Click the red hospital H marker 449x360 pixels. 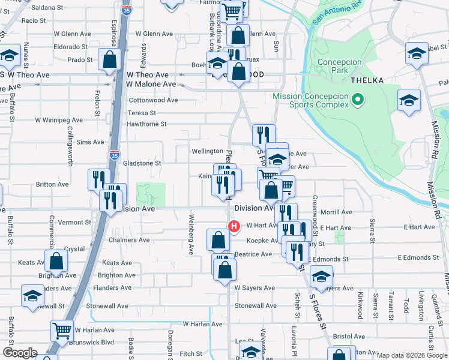point(234,226)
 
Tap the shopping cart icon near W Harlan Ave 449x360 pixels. point(62,330)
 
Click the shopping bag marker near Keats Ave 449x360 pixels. point(56,261)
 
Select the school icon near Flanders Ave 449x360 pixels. point(32,295)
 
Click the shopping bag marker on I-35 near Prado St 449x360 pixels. point(110,59)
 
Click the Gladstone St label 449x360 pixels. point(142,163)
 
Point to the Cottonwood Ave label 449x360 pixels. point(154,100)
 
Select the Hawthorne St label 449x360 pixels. point(146,124)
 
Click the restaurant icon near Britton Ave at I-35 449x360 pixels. point(98,179)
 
